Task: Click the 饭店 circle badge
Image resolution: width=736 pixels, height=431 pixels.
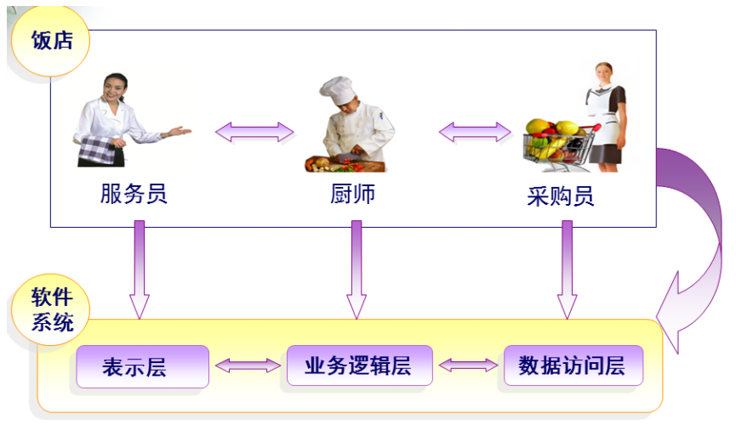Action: (x=50, y=40)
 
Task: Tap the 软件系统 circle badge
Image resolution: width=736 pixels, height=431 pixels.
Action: (x=50, y=309)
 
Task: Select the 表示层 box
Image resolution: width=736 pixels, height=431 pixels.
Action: (x=142, y=366)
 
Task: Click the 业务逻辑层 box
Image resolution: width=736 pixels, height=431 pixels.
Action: (x=360, y=366)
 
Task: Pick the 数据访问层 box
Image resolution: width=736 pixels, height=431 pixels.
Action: (x=573, y=366)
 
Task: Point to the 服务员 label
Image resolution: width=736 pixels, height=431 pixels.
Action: (x=134, y=193)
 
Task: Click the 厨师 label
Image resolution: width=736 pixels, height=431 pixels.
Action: (x=352, y=193)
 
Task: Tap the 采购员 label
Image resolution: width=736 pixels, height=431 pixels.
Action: (x=561, y=196)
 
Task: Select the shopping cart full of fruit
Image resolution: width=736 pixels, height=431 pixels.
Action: (x=561, y=145)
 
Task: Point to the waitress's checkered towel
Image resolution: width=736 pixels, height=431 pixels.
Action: (x=97, y=150)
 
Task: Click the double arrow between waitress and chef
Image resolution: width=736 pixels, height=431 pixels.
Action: (x=254, y=132)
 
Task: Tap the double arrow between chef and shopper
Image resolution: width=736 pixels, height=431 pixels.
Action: (x=475, y=132)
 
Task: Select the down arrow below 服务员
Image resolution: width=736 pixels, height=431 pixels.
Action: (x=140, y=269)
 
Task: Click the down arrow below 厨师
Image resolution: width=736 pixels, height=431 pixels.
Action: (x=357, y=269)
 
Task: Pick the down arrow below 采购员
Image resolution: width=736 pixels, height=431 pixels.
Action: (x=567, y=269)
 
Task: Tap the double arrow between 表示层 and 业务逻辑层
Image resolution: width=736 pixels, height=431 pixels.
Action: (x=248, y=366)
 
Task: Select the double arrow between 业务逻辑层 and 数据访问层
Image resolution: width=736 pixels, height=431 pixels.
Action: (x=468, y=365)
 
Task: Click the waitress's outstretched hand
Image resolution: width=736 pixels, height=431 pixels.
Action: (x=180, y=131)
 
